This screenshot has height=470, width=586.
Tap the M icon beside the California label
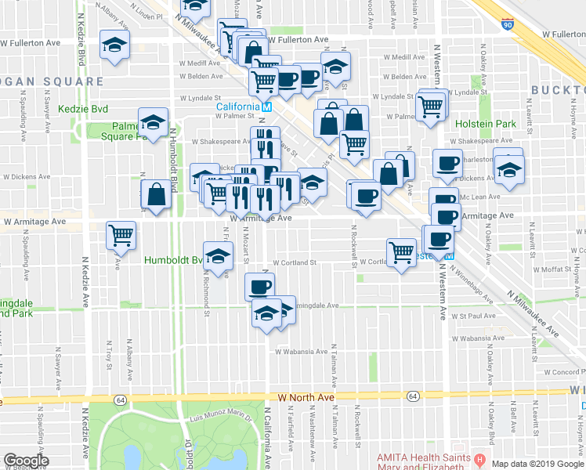(x=266, y=107)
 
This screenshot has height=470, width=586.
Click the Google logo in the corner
(x=26, y=461)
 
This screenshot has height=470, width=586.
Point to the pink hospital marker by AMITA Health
(x=480, y=457)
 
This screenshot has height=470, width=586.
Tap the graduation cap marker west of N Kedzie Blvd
(x=114, y=46)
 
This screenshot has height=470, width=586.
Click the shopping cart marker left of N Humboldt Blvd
(x=121, y=234)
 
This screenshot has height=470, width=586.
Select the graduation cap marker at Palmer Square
(x=153, y=121)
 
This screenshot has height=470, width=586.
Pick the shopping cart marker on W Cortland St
(x=401, y=252)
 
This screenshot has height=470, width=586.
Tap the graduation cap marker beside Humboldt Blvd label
(x=218, y=255)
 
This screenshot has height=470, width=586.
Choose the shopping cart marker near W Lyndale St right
(x=432, y=106)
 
